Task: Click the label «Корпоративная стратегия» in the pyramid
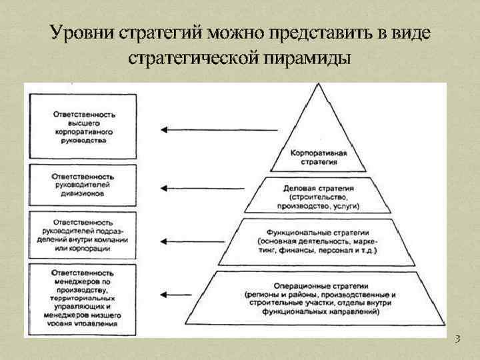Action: [318, 157]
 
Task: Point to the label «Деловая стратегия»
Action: [317, 189]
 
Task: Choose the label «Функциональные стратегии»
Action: [317, 231]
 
